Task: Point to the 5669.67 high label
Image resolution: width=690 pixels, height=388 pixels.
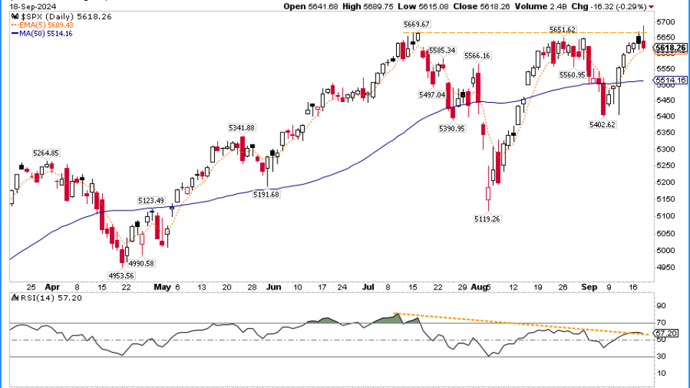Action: [417, 24]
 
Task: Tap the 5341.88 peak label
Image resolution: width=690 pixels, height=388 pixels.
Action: [242, 128]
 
